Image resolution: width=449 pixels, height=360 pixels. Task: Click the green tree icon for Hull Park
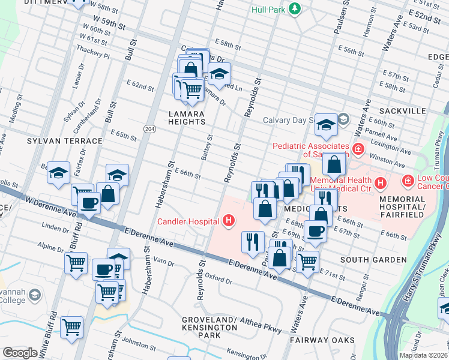(x=294, y=8)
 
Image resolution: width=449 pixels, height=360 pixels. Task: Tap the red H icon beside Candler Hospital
(x=228, y=221)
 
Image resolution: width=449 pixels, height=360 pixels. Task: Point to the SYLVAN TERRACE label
(x=65, y=141)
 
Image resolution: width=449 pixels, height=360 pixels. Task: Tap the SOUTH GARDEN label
(x=373, y=260)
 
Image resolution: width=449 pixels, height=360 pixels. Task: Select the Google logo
(x=20, y=353)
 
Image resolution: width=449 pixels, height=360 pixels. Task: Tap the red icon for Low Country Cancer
(x=408, y=180)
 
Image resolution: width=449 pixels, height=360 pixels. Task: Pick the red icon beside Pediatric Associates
(x=358, y=148)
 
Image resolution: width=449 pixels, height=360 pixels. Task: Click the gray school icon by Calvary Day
(x=343, y=119)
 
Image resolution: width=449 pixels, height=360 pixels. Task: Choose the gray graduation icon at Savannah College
(x=35, y=295)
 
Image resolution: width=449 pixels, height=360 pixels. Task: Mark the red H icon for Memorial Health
(x=379, y=182)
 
